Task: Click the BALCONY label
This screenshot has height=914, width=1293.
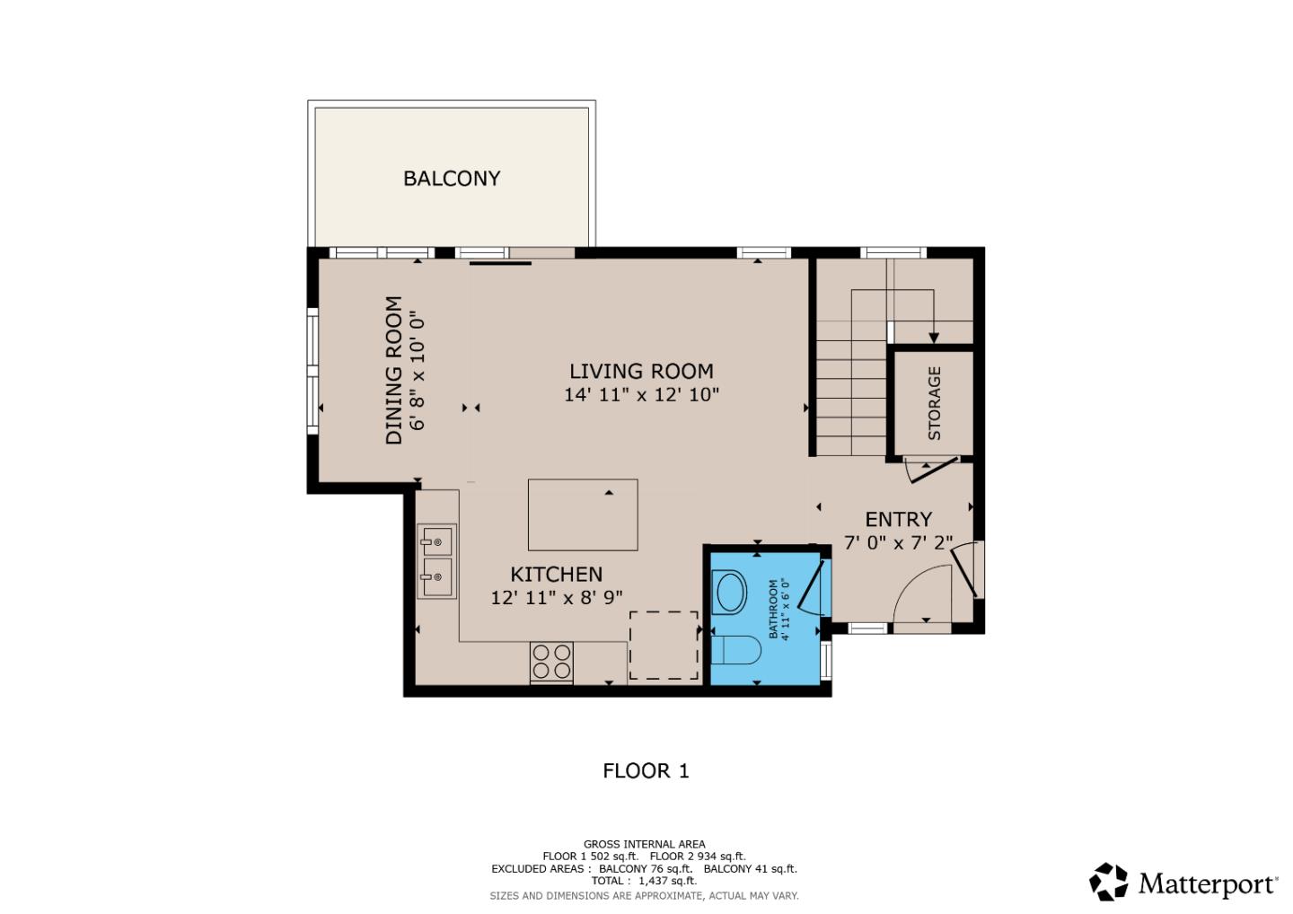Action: tap(452, 178)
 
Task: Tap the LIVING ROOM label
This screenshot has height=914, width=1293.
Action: tap(641, 371)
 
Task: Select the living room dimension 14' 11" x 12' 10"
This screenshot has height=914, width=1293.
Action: tap(641, 394)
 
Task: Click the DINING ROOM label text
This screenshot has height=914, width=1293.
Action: tap(393, 370)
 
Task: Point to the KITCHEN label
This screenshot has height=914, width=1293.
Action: tap(556, 575)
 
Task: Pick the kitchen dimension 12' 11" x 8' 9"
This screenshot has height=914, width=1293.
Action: tap(556, 598)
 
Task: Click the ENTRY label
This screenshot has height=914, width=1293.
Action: tap(898, 519)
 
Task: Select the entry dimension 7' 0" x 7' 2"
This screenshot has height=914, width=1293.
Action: tap(898, 543)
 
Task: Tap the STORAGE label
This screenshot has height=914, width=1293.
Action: tap(934, 403)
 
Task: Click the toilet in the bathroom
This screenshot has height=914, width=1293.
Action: tap(734, 650)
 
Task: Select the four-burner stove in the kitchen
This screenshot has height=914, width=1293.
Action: tap(551, 662)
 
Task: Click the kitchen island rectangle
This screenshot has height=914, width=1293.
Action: tap(583, 514)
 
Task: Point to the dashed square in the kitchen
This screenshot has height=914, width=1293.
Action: tap(664, 645)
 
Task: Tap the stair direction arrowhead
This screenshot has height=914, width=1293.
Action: tap(934, 338)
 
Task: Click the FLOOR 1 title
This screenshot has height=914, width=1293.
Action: tap(646, 770)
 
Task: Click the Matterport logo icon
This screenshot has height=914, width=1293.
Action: tap(1109, 882)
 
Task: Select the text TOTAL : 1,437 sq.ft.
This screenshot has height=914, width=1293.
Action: tap(644, 882)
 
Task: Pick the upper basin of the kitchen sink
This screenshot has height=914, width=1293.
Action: tap(436, 541)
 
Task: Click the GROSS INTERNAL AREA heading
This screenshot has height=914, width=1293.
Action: tap(644, 844)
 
